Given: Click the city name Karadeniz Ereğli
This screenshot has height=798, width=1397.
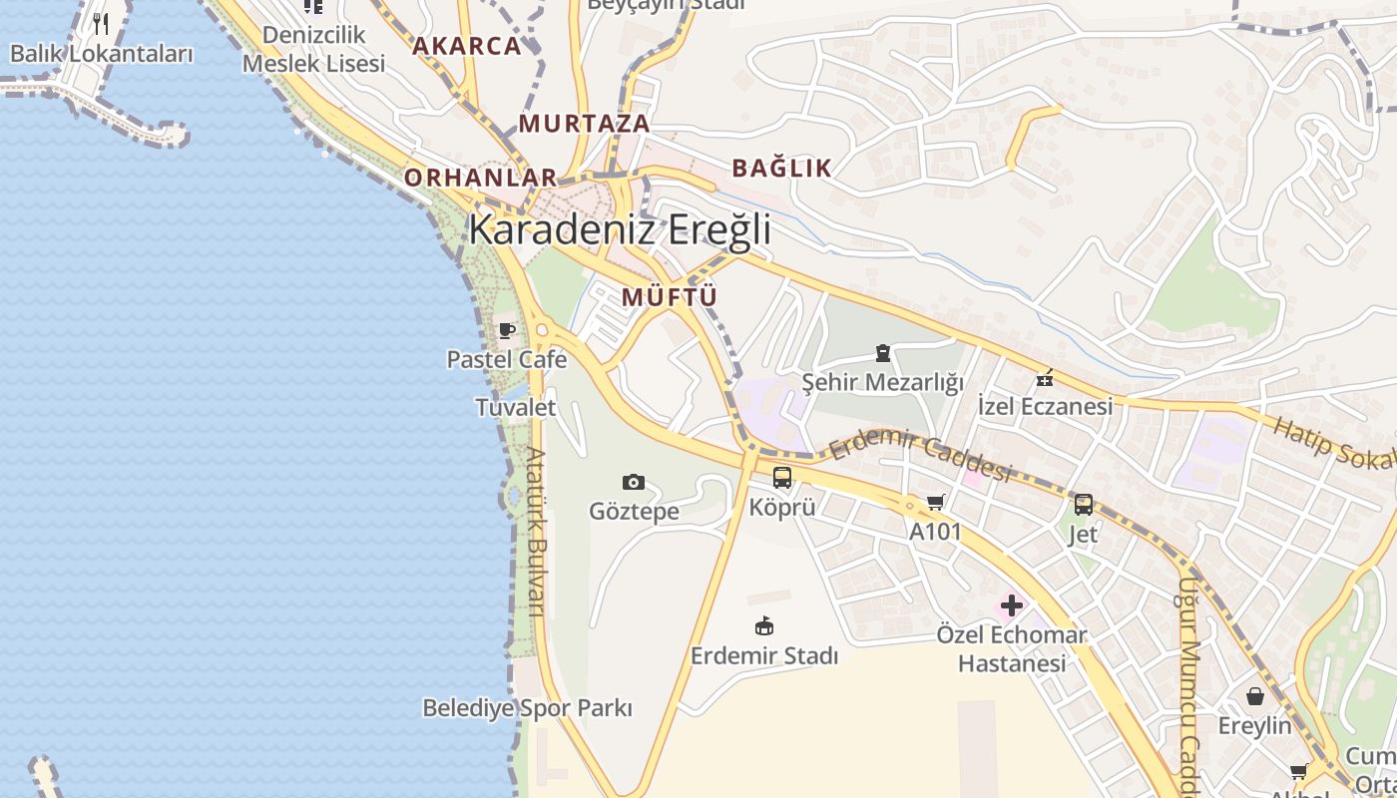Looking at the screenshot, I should [x=620, y=229].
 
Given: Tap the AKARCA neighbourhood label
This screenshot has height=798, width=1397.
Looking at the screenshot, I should [x=467, y=46].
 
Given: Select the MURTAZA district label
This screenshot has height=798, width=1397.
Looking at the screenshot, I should [x=585, y=125].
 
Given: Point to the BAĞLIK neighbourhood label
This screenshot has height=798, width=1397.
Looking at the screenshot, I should [x=781, y=168].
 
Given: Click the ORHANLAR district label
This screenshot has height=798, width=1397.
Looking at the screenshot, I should [x=480, y=178].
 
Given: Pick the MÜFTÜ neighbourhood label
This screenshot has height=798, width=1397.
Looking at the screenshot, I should [x=670, y=297].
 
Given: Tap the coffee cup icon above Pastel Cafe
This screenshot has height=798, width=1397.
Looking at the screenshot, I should [x=507, y=330].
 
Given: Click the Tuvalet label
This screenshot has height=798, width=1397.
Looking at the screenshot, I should [x=515, y=407].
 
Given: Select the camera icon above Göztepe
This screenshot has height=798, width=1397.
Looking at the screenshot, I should [x=634, y=483].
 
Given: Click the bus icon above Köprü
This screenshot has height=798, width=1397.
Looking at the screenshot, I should [x=782, y=478].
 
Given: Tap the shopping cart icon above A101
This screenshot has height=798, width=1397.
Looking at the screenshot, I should [x=935, y=503].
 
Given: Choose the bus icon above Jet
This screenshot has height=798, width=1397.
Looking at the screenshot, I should [x=1084, y=505].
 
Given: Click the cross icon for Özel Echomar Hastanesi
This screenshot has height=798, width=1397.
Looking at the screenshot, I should [x=1012, y=605].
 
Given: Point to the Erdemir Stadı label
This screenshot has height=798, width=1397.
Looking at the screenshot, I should [x=764, y=655].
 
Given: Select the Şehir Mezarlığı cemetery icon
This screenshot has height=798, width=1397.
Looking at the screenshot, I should [x=883, y=352].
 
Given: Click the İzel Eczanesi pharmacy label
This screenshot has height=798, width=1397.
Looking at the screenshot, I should [x=1045, y=406].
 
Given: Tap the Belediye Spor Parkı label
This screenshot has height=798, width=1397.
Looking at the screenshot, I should [x=527, y=708].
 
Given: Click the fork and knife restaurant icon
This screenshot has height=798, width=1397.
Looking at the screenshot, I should [x=101, y=23].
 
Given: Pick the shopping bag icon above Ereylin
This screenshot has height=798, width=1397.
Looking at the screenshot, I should [x=1254, y=696].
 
